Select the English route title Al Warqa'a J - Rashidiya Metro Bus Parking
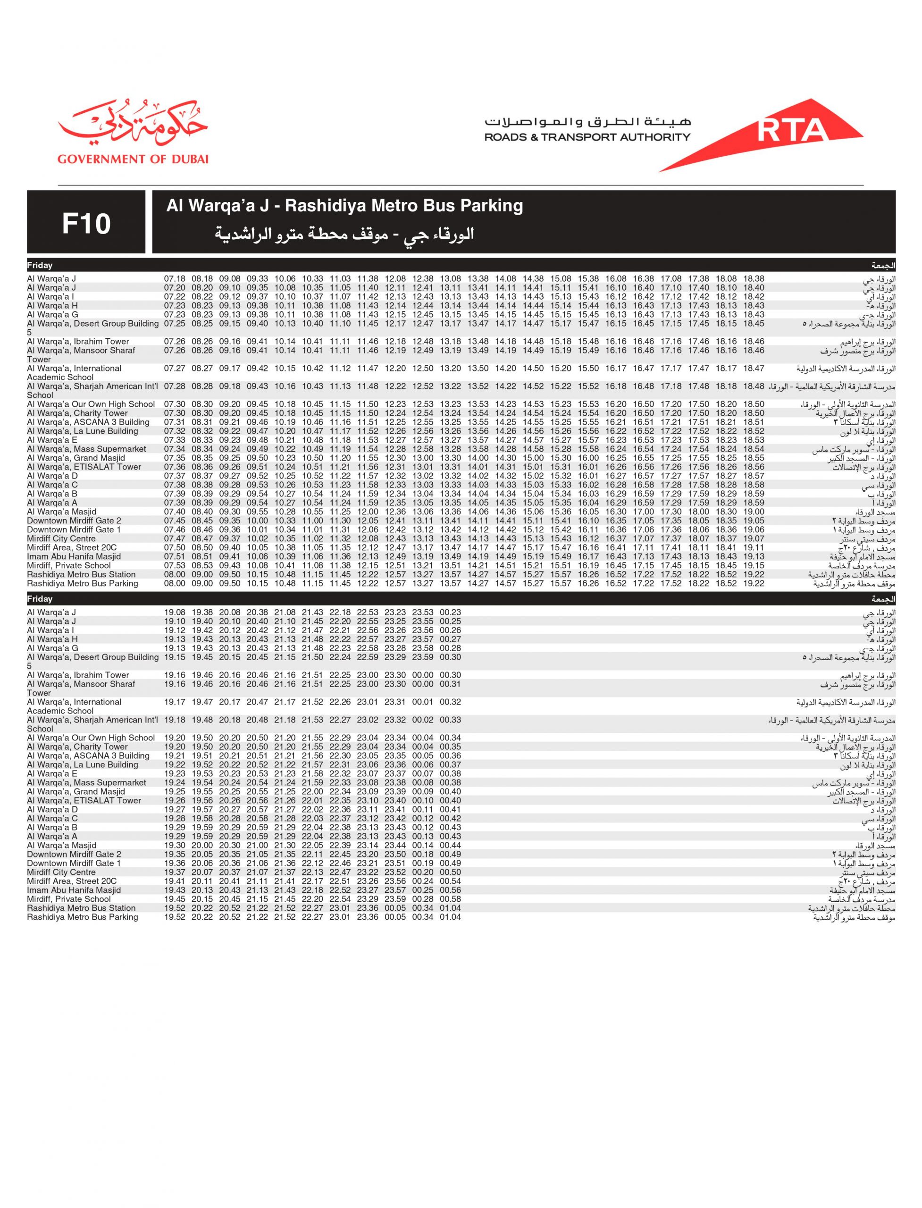coord(344,206)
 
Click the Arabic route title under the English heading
coord(344,235)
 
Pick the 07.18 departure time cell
coord(175,279)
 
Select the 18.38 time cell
coord(754,279)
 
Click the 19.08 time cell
coord(175,612)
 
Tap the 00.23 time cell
coord(450,612)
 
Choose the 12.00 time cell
coord(368,512)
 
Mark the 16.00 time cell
coord(588,458)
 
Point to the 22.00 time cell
coord(312,792)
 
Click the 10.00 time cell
coord(257,521)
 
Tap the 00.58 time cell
coord(450,899)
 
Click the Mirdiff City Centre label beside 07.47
coord(61,539)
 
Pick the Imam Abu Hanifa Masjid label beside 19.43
coord(74,890)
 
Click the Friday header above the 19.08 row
coord(40,599)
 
